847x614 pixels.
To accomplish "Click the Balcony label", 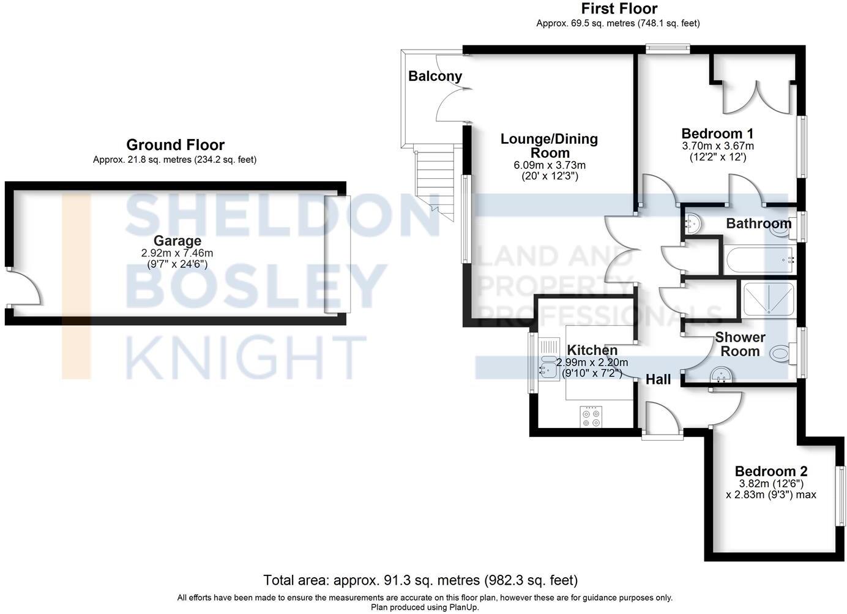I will pos(435,77).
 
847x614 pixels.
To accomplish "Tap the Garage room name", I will pos(177,241).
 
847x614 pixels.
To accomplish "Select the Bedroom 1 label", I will pos(717,133).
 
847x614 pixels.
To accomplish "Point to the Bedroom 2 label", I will pos(771,471).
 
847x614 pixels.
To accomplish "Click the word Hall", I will pos(659,380).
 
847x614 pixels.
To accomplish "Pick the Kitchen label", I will pos(592,350).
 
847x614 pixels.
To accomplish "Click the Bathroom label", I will pos(758,223).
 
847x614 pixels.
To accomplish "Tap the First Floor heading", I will pos(619,9).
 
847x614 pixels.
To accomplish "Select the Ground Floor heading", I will pos(175,145).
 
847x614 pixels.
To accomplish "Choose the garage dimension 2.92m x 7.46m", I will pos(177,253).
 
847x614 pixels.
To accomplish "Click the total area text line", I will pos(420,580).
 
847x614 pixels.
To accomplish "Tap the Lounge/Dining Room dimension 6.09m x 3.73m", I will pos(549,165).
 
